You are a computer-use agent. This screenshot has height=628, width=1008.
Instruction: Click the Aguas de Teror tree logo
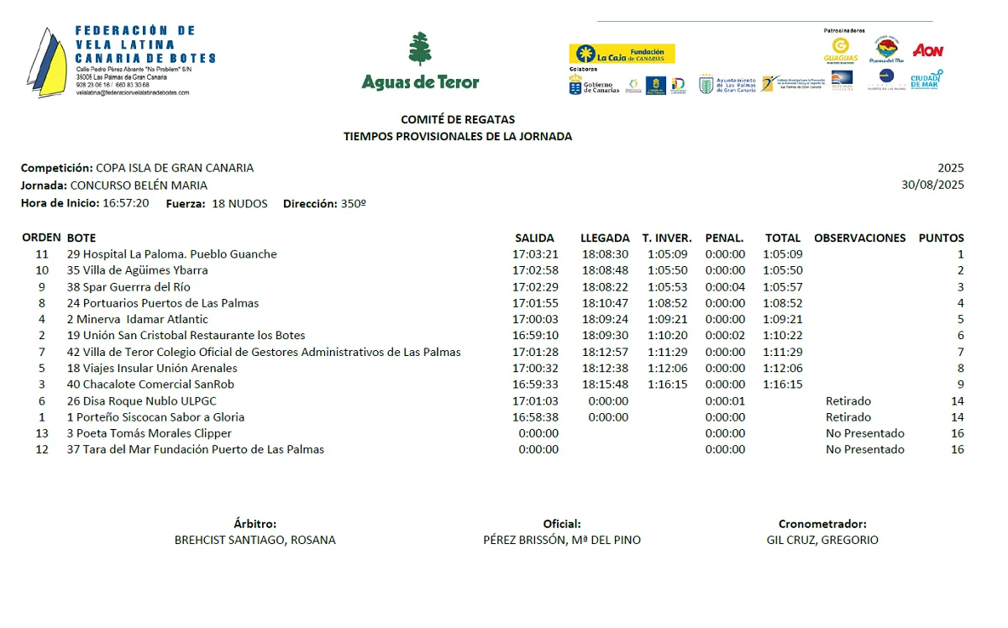(x=420, y=50)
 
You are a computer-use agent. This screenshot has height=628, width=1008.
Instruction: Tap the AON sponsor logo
(x=927, y=50)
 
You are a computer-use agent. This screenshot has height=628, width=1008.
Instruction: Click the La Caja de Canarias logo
(x=622, y=54)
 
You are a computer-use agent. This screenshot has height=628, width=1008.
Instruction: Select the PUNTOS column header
(x=941, y=238)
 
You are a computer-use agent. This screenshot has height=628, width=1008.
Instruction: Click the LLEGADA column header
(x=605, y=238)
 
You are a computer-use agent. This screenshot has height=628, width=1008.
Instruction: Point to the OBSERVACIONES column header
(x=859, y=238)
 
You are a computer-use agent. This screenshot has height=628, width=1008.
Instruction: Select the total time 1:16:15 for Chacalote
(x=782, y=385)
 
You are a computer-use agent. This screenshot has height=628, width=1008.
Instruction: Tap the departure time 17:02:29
(x=535, y=287)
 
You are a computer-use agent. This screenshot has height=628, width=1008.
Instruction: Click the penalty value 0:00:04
(x=725, y=287)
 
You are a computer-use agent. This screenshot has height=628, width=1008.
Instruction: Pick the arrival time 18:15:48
(x=605, y=385)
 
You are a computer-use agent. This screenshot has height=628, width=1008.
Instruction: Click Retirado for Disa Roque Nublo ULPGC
(x=848, y=401)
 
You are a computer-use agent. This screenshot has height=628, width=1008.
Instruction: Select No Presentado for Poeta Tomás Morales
(x=864, y=433)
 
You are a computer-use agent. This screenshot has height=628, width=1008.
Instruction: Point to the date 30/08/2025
(x=932, y=185)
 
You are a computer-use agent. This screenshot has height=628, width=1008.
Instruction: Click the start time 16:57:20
(x=126, y=203)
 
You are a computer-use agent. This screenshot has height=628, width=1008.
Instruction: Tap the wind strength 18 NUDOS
(x=239, y=203)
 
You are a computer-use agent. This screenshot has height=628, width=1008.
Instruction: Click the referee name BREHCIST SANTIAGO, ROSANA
(x=255, y=541)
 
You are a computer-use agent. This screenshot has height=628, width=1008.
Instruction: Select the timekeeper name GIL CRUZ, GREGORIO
(x=822, y=541)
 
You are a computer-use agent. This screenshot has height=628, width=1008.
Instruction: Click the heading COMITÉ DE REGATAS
(x=458, y=119)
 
